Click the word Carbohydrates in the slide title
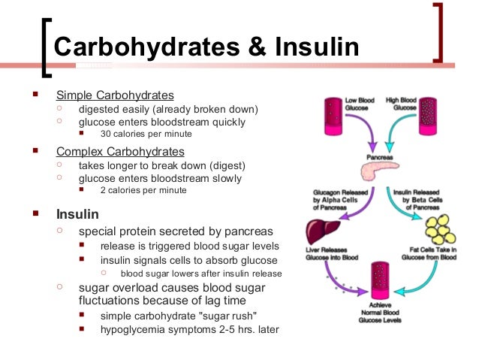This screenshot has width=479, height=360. click(x=147, y=47)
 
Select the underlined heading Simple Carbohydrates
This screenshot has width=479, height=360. click(x=115, y=95)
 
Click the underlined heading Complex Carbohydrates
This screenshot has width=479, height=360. click(x=119, y=152)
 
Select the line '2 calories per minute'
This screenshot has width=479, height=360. click(x=143, y=190)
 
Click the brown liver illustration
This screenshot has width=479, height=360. click(x=321, y=228)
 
